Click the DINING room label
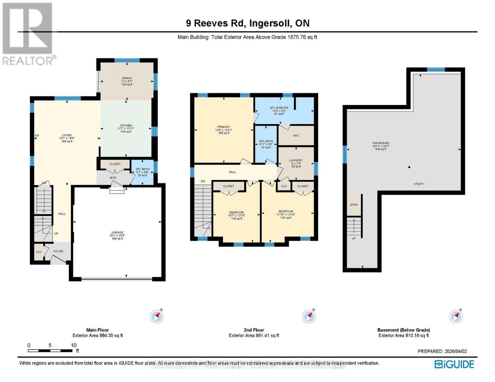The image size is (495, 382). (x=127, y=78)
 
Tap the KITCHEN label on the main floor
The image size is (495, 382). (x=126, y=126)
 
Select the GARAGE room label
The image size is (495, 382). (x=117, y=233)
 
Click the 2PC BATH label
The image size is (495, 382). (x=142, y=169)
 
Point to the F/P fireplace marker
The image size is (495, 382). (x=37, y=136)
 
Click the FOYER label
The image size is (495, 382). (x=58, y=251)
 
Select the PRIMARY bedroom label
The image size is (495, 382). (x=224, y=127)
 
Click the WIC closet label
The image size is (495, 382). (x=296, y=136)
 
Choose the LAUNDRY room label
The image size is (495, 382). (x=296, y=160)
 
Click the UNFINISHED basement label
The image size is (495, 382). (x=381, y=143)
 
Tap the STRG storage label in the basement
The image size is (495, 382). (x=354, y=205)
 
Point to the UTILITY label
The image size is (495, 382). (x=419, y=184)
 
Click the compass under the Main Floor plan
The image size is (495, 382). (x=157, y=316)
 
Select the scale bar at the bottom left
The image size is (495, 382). (x=50, y=351)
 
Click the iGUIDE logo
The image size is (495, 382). (x=454, y=364)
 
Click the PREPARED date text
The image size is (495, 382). (x=442, y=351)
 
